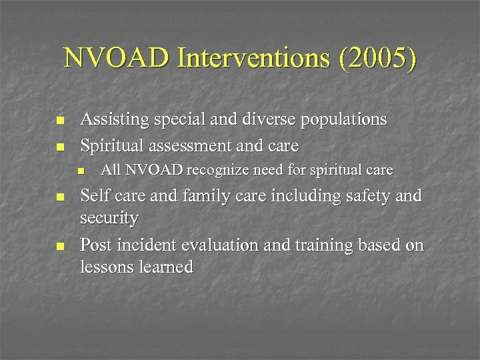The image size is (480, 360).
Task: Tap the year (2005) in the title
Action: click(378, 59)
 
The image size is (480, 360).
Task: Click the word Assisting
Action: click(114, 119)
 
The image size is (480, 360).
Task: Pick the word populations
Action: click(343, 120)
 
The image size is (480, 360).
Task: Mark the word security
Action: click(109, 219)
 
